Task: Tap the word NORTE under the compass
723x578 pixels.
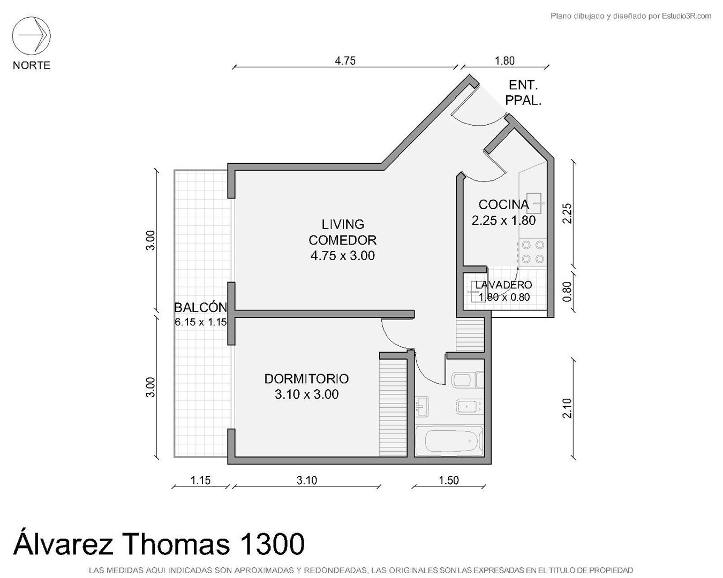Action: pyautogui.click(x=31, y=65)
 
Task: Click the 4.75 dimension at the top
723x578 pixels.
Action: pyautogui.click(x=345, y=61)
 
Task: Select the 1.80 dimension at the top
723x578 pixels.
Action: pyautogui.click(x=504, y=61)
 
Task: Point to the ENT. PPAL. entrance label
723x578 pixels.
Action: pyautogui.click(x=523, y=93)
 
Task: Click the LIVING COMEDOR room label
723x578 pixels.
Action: pyautogui.click(x=342, y=232)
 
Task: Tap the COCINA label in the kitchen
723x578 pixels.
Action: pyautogui.click(x=503, y=204)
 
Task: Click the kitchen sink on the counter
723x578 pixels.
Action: pyautogui.click(x=534, y=203)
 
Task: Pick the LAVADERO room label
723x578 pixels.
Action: pyautogui.click(x=503, y=285)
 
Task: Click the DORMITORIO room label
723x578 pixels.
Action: pyautogui.click(x=306, y=378)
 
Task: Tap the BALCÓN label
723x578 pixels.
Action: pyautogui.click(x=201, y=307)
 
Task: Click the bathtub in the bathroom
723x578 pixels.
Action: pyautogui.click(x=449, y=442)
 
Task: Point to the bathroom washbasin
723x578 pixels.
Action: pyautogui.click(x=421, y=407)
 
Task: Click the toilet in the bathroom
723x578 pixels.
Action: pyautogui.click(x=468, y=380)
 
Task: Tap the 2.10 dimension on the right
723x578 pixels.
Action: pyautogui.click(x=567, y=408)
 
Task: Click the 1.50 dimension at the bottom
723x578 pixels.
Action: pyautogui.click(x=448, y=481)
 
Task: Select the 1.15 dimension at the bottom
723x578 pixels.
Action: pyautogui.click(x=201, y=481)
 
